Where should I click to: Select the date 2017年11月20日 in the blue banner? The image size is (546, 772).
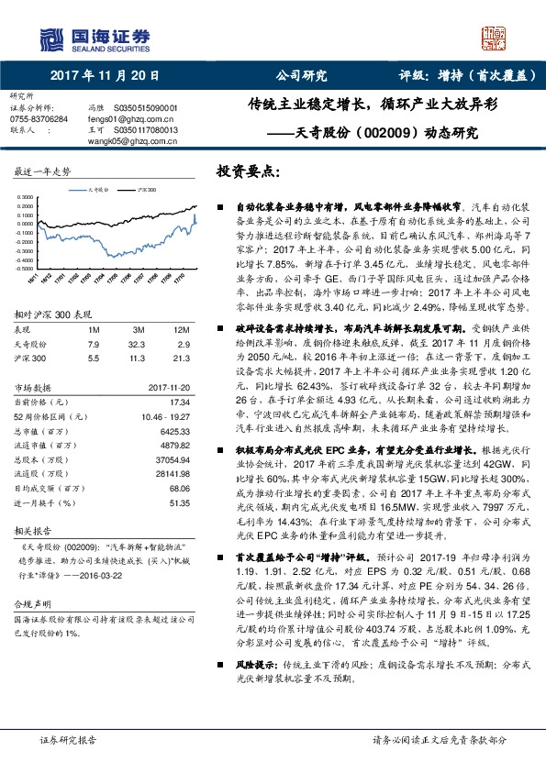coord(104,77)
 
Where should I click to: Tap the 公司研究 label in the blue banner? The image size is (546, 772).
coord(301,77)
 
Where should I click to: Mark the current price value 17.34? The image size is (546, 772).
coord(179,376)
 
